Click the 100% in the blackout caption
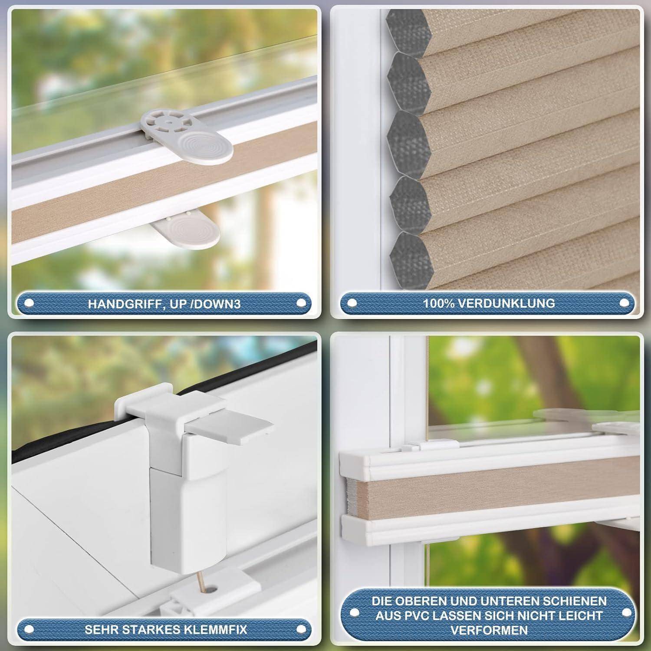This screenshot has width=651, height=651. [x=437, y=303]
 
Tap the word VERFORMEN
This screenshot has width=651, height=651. [x=489, y=630]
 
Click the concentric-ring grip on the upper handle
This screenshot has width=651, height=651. [x=206, y=147]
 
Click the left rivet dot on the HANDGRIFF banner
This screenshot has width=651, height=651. [x=29, y=303]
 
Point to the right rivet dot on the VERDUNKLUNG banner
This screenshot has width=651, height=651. [x=625, y=302]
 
